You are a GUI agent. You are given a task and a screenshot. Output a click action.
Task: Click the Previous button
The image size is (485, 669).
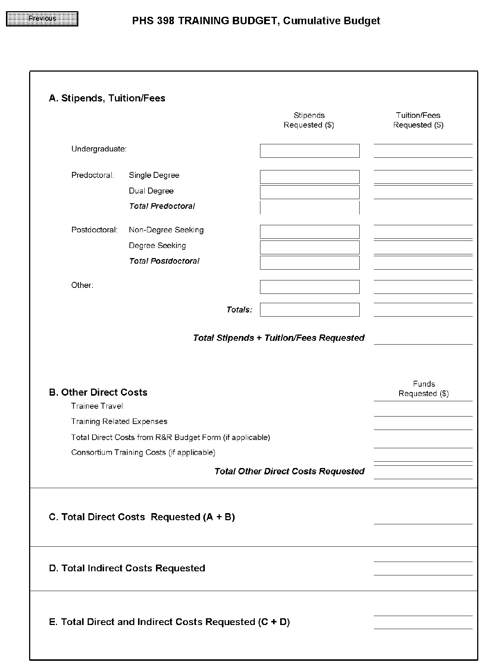(42, 19)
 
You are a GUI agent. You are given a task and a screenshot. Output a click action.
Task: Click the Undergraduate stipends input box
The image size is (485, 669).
(310, 151)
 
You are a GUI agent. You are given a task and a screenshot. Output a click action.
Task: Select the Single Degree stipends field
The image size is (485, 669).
(310, 177)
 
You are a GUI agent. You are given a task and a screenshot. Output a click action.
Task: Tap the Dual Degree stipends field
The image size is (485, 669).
(310, 192)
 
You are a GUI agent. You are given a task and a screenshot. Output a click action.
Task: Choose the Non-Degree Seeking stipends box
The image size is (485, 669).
(310, 232)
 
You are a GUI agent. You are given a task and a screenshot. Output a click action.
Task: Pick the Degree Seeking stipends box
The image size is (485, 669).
(310, 248)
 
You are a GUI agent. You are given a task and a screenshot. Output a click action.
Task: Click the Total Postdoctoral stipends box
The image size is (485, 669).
(310, 263)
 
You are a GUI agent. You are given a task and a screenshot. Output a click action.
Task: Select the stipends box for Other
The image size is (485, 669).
(310, 287)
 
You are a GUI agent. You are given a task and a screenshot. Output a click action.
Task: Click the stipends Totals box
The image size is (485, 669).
(310, 310)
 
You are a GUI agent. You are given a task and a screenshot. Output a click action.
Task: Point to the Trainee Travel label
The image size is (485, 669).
(97, 406)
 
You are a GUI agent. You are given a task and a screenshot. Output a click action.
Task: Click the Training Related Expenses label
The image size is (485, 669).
(119, 421)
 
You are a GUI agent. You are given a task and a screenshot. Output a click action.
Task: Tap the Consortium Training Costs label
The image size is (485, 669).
(143, 452)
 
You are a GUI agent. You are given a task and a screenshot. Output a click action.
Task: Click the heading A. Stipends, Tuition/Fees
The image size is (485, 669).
(107, 98)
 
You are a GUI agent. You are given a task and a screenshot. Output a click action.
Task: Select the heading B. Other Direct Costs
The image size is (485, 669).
(98, 392)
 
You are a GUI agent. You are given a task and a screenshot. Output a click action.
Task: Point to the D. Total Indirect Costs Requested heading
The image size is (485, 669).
(127, 568)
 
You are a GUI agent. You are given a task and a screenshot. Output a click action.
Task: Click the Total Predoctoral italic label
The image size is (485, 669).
(162, 206)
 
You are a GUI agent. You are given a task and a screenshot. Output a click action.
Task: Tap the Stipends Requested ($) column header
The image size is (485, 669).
(309, 120)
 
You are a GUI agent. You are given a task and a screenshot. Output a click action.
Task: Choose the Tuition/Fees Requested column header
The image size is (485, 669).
(418, 120)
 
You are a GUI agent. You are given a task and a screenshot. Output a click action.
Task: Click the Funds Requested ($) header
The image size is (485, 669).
(424, 389)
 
